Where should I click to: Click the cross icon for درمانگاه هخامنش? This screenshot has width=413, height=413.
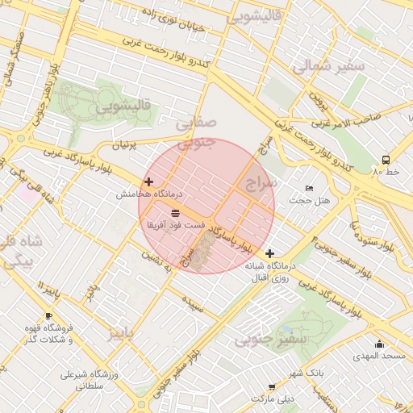[148, 182]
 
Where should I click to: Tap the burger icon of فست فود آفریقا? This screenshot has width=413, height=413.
[175, 212]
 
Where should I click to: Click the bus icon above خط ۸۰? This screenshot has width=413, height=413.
[386, 160]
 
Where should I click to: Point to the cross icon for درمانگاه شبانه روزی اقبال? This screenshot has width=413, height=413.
[269, 253]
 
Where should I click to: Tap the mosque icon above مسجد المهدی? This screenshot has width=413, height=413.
[379, 344]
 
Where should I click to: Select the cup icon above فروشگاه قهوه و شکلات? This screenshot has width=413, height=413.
[48, 315]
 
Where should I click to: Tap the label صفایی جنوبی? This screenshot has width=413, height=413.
[196, 132]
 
